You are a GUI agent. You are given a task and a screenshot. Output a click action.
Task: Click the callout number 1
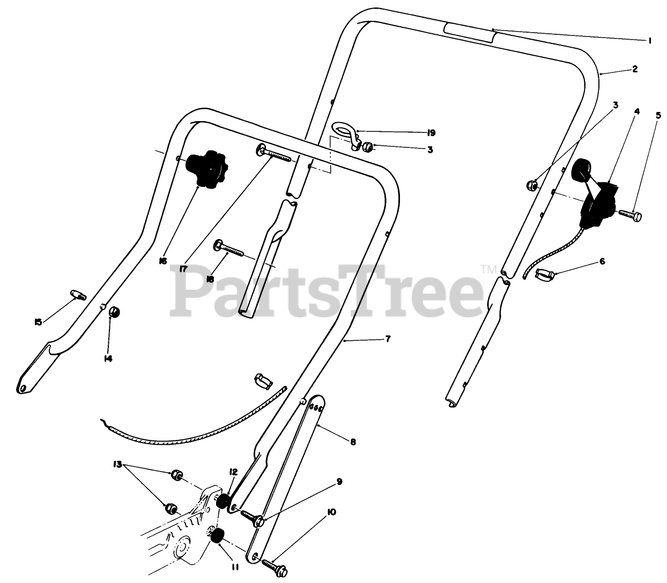coord(649,40)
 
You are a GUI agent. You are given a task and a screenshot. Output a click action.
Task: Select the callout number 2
coord(634,69)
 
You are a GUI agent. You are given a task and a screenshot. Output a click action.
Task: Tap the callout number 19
coord(431,132)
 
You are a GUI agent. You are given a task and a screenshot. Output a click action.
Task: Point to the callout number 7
coord(388,339)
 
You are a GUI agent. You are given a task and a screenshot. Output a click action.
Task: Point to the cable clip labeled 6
coord(545,276)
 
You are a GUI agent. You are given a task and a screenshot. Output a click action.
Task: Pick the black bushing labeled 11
coord(217,535)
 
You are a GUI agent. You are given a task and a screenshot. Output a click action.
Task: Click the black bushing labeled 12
coord(222,502)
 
